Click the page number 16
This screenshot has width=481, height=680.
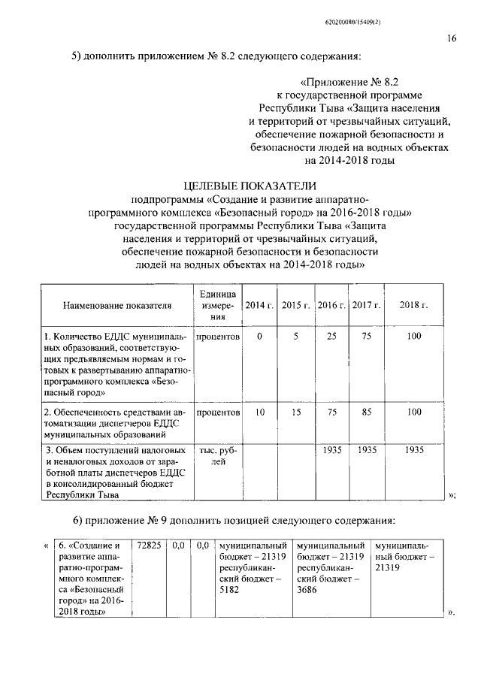(451, 40)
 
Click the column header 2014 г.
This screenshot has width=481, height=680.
(259, 305)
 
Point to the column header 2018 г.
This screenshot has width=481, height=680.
(414, 305)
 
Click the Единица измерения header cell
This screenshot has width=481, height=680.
(219, 305)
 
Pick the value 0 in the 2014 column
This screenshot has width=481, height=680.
(259, 337)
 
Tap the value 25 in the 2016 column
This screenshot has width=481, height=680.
(331, 337)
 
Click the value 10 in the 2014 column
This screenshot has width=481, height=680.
(259, 412)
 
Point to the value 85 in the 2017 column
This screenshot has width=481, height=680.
(367, 412)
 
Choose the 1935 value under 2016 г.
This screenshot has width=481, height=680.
(331, 450)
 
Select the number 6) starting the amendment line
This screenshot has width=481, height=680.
(77, 521)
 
